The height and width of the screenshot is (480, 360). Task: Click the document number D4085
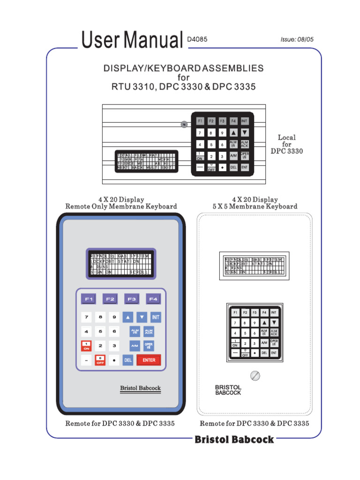(197, 40)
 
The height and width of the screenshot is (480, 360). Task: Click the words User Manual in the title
(132, 40)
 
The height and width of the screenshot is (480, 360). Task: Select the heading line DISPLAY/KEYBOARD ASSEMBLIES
(183, 68)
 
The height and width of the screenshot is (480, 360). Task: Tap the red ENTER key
(149, 360)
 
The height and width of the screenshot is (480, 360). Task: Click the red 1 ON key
(86, 346)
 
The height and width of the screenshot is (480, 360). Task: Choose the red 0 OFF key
(100, 360)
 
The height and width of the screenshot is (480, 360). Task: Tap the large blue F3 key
(132, 299)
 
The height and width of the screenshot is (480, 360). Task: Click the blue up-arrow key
(128, 317)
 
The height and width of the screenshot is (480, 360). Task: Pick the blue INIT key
(156, 317)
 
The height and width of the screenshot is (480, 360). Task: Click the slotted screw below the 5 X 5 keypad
(255, 375)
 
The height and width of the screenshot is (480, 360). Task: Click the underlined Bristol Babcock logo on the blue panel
(140, 388)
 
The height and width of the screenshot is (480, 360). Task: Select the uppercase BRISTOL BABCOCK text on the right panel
(228, 390)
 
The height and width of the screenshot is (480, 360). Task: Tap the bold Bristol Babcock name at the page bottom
(234, 439)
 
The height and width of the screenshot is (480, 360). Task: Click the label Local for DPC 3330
(287, 144)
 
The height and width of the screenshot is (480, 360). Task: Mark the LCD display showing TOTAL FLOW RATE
(146, 161)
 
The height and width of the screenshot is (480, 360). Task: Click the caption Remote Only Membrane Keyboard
(121, 206)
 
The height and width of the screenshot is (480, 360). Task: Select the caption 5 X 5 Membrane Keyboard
(255, 206)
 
